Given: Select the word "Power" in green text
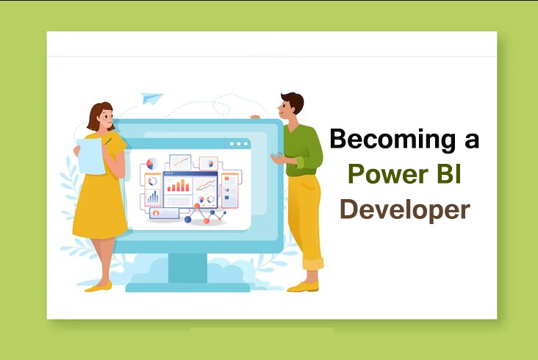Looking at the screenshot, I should [x=384, y=174].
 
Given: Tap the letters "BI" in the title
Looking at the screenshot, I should [x=448, y=174].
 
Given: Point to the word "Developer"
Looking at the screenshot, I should [x=404, y=209].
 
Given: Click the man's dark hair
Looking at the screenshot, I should [x=292, y=101].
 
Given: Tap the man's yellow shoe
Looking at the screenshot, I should [x=302, y=286].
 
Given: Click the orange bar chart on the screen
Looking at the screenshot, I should [x=178, y=186].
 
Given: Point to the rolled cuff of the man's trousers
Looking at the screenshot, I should [x=313, y=262].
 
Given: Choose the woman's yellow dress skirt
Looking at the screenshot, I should [x=101, y=206].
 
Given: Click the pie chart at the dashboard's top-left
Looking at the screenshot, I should [x=151, y=164].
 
